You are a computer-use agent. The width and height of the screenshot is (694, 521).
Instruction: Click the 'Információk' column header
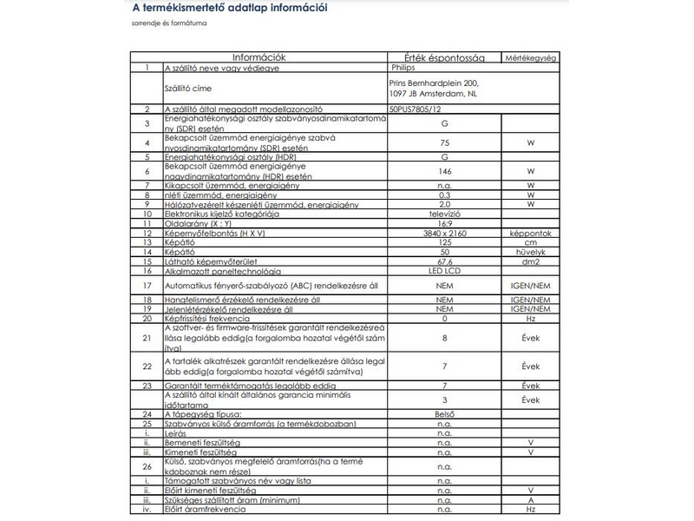click(x=259, y=57)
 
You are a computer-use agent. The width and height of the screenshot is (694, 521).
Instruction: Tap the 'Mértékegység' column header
click(x=530, y=58)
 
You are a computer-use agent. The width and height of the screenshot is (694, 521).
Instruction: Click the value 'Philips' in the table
click(x=403, y=67)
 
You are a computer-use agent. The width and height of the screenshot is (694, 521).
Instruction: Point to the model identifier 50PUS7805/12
click(x=416, y=109)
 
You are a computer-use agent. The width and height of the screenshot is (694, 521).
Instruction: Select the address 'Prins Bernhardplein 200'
click(x=433, y=82)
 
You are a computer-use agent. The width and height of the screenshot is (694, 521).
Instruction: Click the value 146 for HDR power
click(x=444, y=172)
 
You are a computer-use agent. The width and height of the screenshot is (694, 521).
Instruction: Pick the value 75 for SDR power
click(x=444, y=142)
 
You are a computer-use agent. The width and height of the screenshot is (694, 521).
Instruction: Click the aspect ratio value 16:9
click(x=444, y=223)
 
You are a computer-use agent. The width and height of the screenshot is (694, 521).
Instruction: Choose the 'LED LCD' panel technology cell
click(x=444, y=271)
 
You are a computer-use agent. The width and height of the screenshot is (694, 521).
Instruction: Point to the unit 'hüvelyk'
click(x=530, y=252)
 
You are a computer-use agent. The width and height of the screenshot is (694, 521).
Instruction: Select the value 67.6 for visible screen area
click(x=444, y=261)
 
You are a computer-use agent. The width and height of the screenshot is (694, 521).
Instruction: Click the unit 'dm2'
click(x=530, y=261)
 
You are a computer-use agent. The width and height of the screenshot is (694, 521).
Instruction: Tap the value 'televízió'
click(x=444, y=213)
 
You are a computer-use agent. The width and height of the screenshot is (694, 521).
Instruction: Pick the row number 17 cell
click(x=147, y=284)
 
